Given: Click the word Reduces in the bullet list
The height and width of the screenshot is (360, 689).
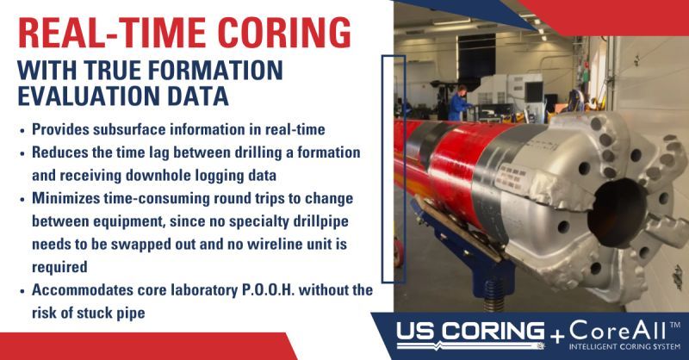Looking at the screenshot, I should coord(63,152).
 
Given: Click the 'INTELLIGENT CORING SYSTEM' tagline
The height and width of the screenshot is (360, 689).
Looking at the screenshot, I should coord(617,348).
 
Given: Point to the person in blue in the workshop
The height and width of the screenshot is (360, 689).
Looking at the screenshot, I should coord(459,103).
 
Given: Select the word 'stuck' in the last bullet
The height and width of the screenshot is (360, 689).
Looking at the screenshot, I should coord(91,313).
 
